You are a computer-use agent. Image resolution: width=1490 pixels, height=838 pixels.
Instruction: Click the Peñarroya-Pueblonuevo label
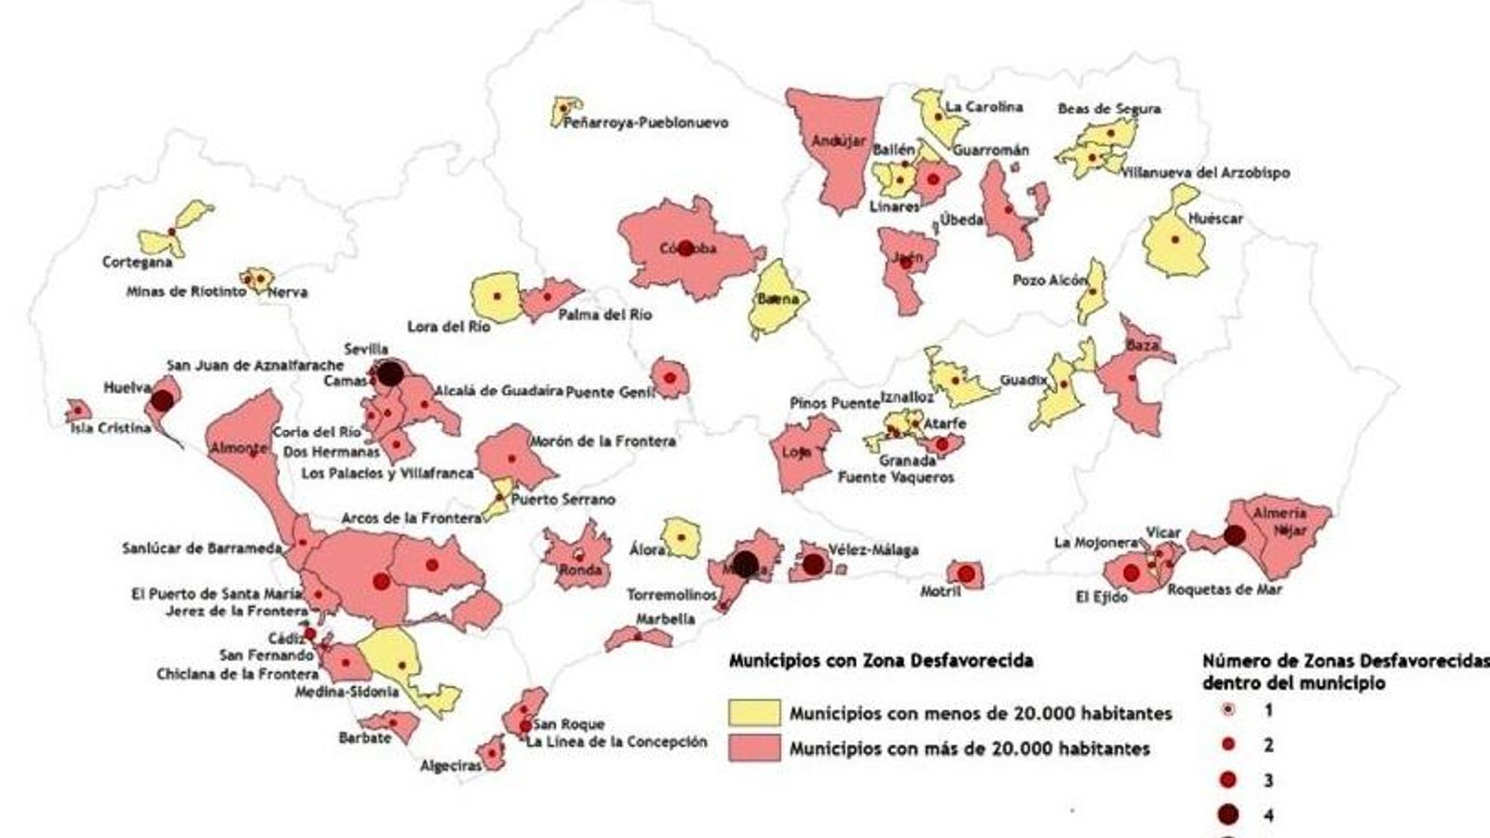pos(646,123)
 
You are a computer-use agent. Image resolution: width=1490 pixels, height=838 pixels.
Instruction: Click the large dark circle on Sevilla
pos(389,373)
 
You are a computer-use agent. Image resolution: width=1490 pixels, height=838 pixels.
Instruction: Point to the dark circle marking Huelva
pos(163,400)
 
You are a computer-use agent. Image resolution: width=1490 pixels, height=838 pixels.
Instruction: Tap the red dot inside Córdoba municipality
pos(686,249)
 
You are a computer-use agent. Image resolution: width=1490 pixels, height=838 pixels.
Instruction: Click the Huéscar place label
pos(1215,220)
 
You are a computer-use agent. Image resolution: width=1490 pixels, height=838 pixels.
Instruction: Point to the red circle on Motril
pos(966,574)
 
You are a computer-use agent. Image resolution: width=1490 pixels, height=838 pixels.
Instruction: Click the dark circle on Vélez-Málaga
pos(813,564)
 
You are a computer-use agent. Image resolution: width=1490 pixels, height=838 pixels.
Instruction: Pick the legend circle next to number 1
pos(1228,710)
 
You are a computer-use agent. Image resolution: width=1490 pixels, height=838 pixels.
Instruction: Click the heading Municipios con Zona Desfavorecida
pos(880,661)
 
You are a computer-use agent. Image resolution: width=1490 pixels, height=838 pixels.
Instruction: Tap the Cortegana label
pos(138,263)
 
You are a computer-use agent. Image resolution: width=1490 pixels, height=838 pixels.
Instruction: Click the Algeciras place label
pos(451,766)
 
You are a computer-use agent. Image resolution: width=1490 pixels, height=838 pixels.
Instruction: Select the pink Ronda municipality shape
pos(577,554)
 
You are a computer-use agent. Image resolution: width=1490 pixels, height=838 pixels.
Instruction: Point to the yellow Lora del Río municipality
pos(495,296)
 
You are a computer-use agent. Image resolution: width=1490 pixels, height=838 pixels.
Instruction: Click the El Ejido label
pos(1102,597)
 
